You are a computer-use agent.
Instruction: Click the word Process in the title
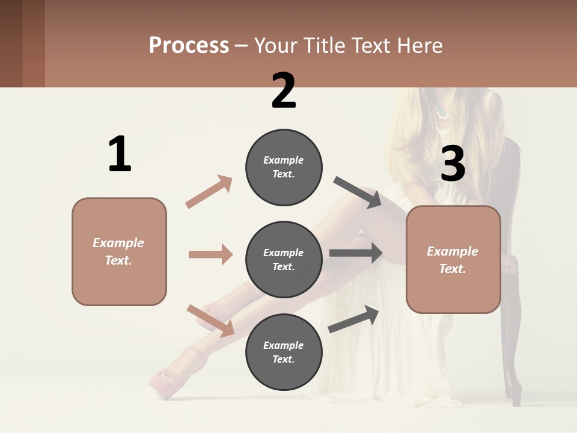coord(189,45)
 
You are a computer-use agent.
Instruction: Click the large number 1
coord(120,154)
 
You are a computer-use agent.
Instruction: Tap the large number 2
coord(284,90)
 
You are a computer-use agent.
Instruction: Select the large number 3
coord(453,164)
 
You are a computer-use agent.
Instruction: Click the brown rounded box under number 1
coord(119,251)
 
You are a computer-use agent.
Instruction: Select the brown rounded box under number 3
coord(453,260)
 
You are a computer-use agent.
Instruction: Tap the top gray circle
coord(284,167)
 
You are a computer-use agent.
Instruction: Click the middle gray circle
coord(284,259)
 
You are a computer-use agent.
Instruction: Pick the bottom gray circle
coord(284,352)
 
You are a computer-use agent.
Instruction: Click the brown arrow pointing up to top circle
coord(209,192)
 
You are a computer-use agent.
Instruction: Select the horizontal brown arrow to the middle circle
coord(210,254)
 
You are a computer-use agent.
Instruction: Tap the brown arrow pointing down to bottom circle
coord(210,321)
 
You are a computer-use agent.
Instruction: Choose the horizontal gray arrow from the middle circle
coord(356,253)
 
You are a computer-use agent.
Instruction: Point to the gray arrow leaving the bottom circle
coord(353,319)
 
